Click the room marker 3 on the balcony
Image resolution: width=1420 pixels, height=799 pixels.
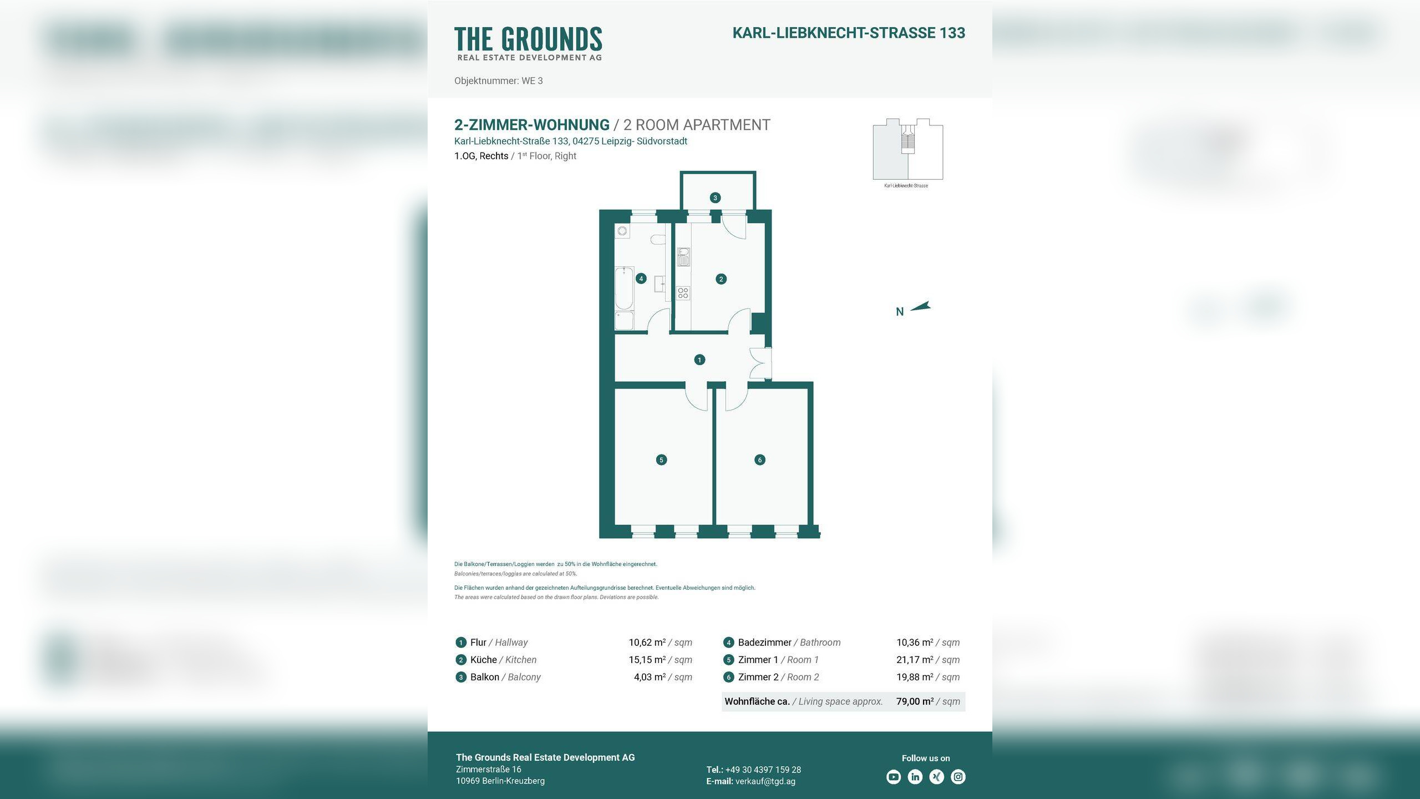(x=715, y=198)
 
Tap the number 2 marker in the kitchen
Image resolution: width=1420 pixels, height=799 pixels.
(x=721, y=279)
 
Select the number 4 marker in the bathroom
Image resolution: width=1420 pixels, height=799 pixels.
(x=641, y=279)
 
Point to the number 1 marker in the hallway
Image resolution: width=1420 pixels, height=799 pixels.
(x=699, y=360)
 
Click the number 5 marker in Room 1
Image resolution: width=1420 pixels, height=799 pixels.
(x=661, y=459)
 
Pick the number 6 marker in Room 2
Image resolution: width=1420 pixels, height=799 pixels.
(x=760, y=459)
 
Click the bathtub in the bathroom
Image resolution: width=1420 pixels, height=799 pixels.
(x=624, y=288)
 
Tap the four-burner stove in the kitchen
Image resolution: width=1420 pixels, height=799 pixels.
(x=683, y=293)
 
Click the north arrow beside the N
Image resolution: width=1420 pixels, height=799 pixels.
(x=920, y=306)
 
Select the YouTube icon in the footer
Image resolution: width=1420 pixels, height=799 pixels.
(x=894, y=777)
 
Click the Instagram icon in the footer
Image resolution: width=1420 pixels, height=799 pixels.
(x=958, y=777)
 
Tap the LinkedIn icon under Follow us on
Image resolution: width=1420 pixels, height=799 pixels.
(x=915, y=777)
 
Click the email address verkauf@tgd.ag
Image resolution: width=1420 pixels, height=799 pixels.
(x=765, y=781)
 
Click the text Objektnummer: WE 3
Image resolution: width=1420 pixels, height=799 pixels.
(x=499, y=81)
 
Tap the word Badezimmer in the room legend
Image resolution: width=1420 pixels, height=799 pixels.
(x=765, y=643)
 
